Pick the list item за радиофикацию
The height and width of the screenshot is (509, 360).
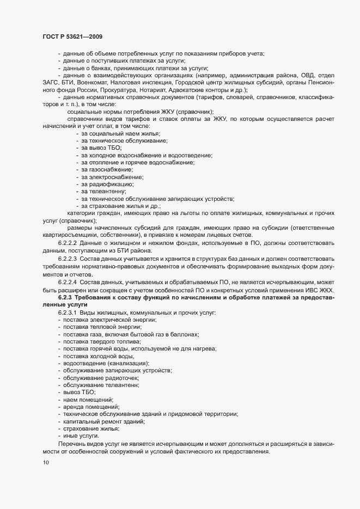107,185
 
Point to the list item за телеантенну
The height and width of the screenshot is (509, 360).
104,192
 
